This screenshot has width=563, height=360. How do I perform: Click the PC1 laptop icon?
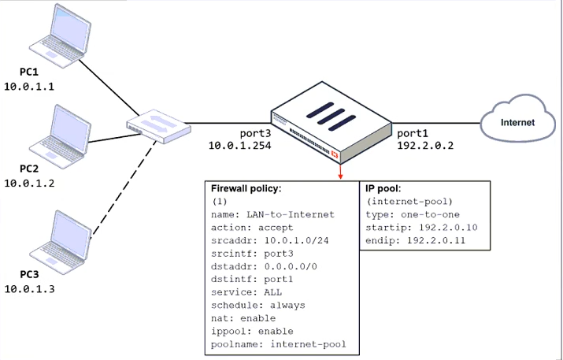pyautogui.click(x=60, y=35)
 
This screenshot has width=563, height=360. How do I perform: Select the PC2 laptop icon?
pyautogui.click(x=60, y=137)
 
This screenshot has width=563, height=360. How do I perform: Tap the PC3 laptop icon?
pyautogui.click(x=60, y=243)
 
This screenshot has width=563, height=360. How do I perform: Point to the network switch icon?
pyautogui.click(x=158, y=126)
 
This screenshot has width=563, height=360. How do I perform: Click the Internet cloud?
pyautogui.click(x=518, y=118)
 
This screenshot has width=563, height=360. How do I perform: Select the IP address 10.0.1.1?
pyautogui.click(x=29, y=87)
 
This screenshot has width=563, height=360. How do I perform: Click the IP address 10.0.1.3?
pyautogui.click(x=29, y=289)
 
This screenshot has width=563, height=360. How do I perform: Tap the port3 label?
pyautogui.click(x=255, y=133)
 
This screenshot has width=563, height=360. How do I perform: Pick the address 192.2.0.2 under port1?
pyautogui.click(x=425, y=146)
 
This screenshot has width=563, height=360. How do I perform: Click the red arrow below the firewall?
pyautogui.click(x=340, y=172)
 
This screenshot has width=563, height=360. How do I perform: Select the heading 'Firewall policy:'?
pyautogui.click(x=246, y=188)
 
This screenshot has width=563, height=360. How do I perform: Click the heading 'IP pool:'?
pyautogui.click(x=383, y=188)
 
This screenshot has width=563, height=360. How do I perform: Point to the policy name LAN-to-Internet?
pyautogui.click(x=291, y=214)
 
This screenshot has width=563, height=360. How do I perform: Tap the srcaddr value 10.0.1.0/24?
pyautogui.click(x=297, y=240)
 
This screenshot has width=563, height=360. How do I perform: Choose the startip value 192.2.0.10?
pyautogui.click(x=448, y=228)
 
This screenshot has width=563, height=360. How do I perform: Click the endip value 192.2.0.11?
pyautogui.click(x=436, y=240)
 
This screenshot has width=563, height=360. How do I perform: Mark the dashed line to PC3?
pyautogui.click(x=124, y=189)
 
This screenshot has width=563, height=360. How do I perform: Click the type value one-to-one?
pyautogui.click(x=430, y=214)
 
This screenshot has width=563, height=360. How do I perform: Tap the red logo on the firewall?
pyautogui.click(x=335, y=154)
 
